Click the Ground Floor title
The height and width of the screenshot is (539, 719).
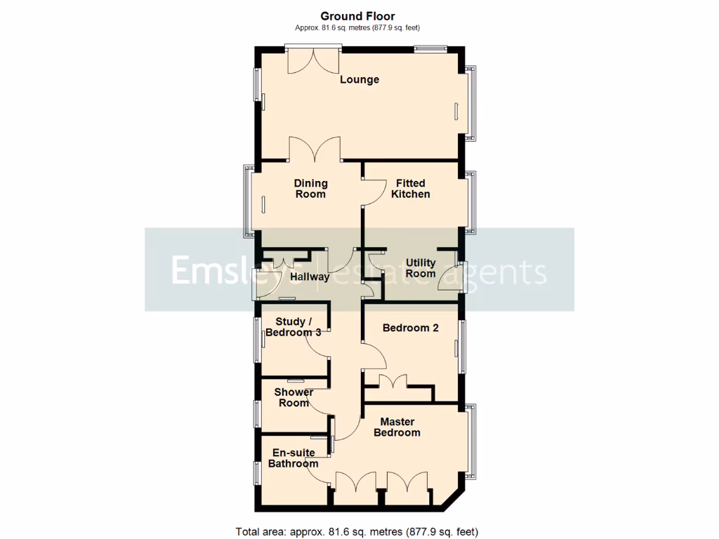coord(357,16)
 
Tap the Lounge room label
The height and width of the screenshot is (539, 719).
coord(359,79)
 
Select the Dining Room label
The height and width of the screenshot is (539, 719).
coord(310,189)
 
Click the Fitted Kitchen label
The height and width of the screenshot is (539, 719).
coord(411,189)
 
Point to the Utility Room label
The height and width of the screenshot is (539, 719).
coord(421,268)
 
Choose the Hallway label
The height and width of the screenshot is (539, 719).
coord(310,277)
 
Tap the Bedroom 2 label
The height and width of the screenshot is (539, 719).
coord(411,328)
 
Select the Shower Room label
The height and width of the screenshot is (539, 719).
coord(293,397)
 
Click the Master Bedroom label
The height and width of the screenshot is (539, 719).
coord(397,427)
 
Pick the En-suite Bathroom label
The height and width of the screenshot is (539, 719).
coord(293,458)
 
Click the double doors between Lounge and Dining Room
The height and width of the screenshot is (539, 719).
coord(315,149)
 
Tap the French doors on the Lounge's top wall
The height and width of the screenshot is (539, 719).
coord(313,60)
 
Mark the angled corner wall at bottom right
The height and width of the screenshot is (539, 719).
coord(450,499)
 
